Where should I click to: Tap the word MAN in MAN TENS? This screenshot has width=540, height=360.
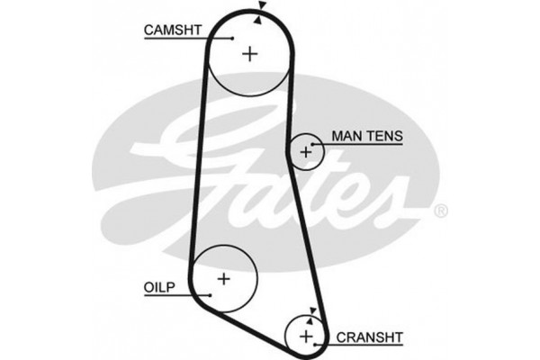tap(346, 137)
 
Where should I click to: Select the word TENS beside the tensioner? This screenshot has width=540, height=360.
tap(382, 137)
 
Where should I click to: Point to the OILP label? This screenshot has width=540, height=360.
tap(158, 287)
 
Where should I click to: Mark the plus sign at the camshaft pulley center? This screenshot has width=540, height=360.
tap(249, 54)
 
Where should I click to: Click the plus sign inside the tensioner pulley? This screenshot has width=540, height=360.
tap(306, 153)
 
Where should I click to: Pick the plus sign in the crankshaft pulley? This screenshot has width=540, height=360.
tap(306, 336)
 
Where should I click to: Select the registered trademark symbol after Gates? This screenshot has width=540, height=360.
tap(439, 212)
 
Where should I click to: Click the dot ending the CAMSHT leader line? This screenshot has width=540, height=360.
tap(232, 38)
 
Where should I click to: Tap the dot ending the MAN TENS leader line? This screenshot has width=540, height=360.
tap(314, 143)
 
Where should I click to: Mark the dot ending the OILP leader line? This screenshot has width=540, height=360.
tap(208, 293)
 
